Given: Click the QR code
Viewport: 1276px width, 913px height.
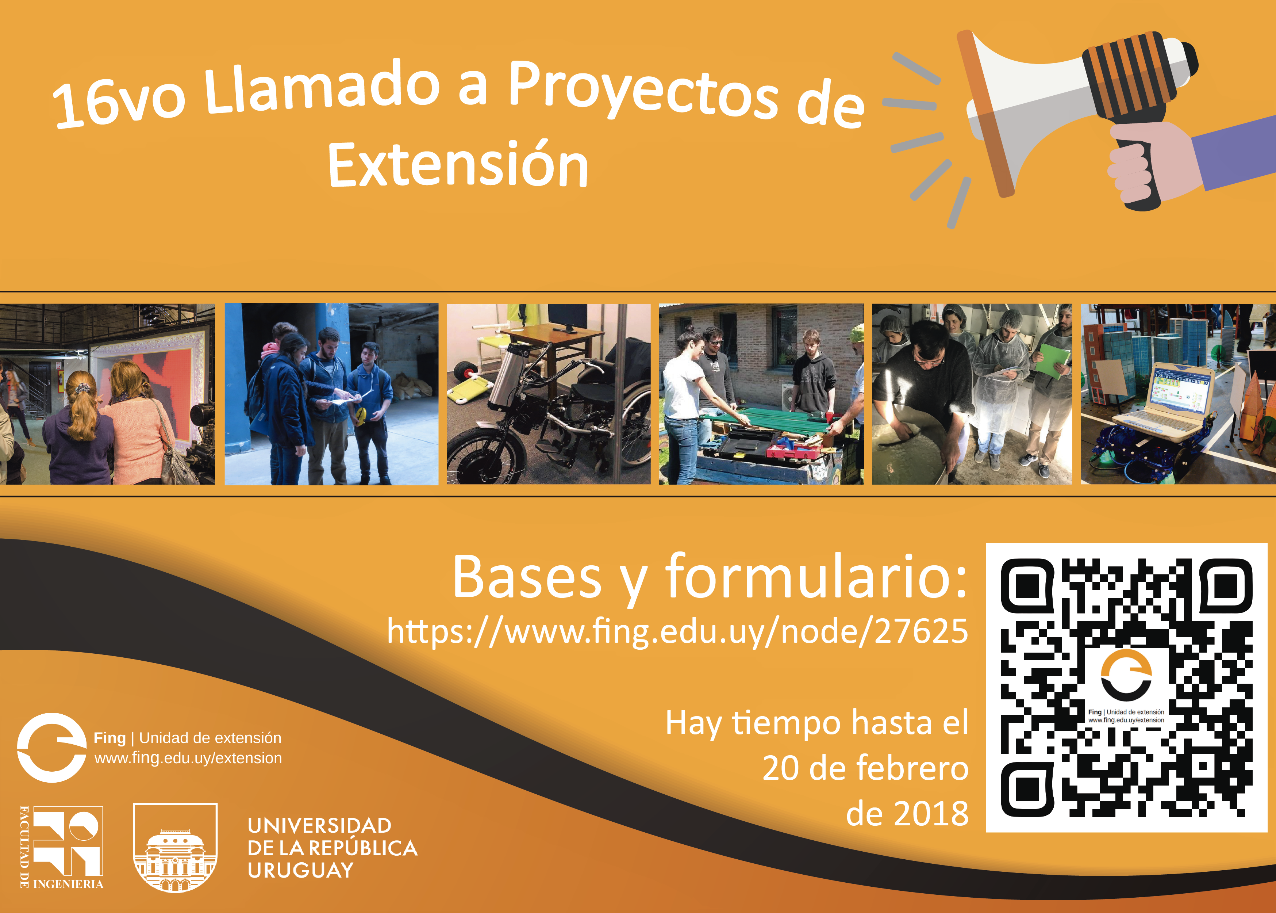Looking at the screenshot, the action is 1127,688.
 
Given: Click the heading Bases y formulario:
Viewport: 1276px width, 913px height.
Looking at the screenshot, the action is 710,577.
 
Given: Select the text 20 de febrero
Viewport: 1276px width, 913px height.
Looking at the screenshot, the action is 865,768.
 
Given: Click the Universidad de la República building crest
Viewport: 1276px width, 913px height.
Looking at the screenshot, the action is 175,848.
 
